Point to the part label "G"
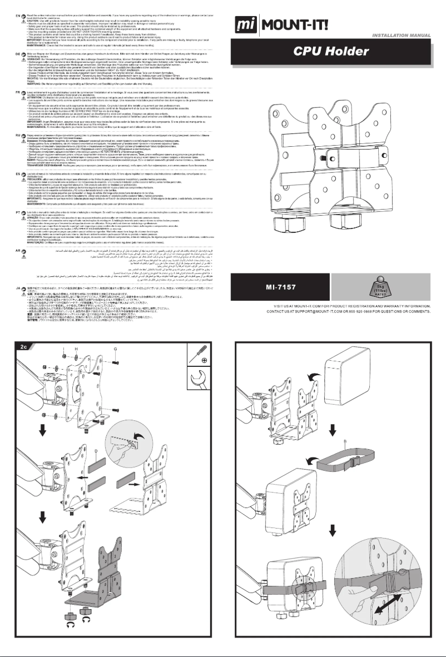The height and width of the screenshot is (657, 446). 115,348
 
